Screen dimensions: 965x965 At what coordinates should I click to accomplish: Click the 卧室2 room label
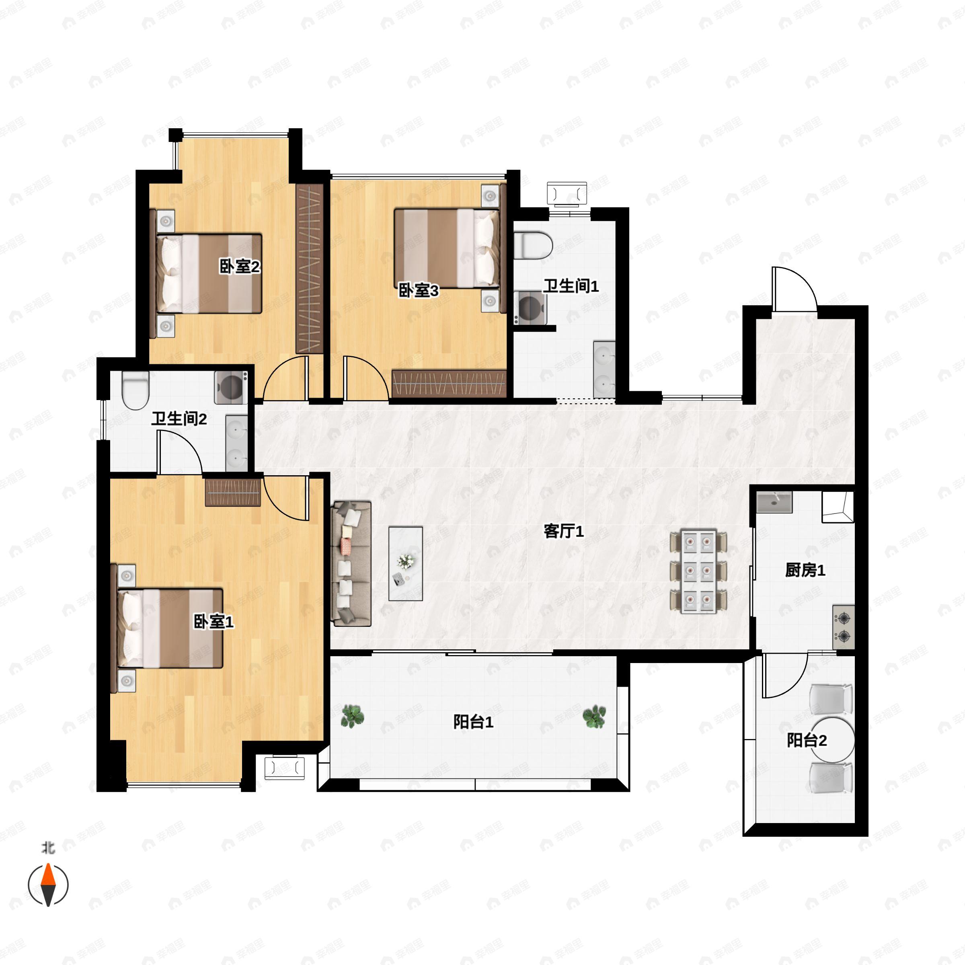[x=240, y=266]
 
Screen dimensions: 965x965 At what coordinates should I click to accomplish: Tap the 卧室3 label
[x=418, y=290]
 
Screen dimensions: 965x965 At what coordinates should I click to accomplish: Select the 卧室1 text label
[x=214, y=622]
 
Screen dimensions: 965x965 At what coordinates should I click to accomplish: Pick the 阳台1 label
[x=474, y=722]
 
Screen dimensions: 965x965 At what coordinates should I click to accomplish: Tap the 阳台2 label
[x=807, y=740]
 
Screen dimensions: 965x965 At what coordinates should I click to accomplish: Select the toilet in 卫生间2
[x=136, y=390]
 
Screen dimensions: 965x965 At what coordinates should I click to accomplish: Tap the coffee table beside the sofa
[x=406, y=563]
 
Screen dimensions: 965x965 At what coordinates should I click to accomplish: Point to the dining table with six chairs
[x=698, y=571]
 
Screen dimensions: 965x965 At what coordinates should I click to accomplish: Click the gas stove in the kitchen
[x=844, y=627]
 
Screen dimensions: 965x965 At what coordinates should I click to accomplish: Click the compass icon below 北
[x=48, y=885]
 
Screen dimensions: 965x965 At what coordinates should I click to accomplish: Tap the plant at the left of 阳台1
[x=352, y=716]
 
